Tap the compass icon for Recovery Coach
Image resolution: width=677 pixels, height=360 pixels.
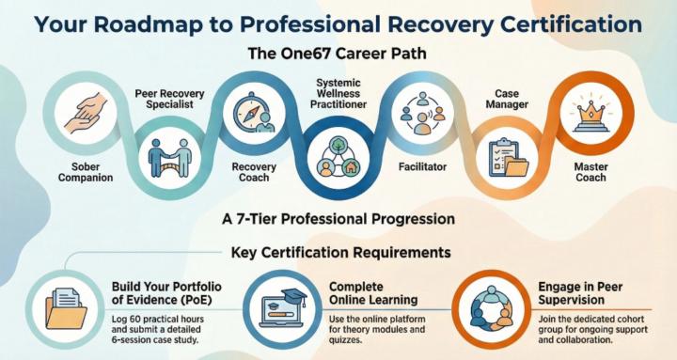[247, 111]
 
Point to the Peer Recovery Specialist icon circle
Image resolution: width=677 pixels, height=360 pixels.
[171, 156]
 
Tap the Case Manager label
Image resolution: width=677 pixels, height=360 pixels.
[508, 100]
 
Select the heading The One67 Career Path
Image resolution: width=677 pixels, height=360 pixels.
[338, 53]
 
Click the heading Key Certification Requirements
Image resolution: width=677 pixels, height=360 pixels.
[338, 253]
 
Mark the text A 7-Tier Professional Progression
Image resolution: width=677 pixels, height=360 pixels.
[338, 218]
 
